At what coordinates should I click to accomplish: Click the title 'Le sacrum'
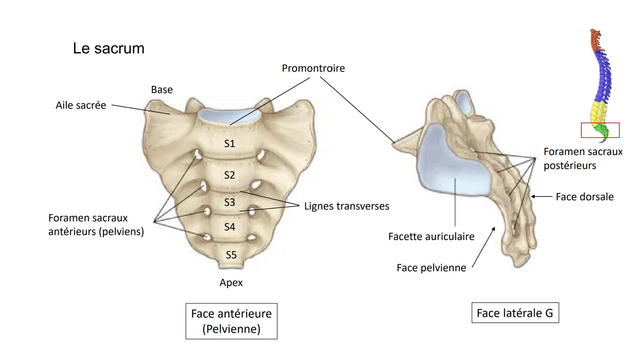109,49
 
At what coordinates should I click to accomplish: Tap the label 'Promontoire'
313,68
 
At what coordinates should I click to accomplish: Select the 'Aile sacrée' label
81,105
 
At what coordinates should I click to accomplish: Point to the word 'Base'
162,89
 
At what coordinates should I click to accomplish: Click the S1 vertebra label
230,144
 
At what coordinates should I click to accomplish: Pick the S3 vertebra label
230,202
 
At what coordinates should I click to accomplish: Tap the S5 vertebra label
231,255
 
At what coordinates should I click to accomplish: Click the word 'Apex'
231,283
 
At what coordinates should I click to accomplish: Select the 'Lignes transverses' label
346,206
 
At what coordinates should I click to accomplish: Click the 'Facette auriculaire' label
431,237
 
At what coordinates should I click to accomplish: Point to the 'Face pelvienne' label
431,268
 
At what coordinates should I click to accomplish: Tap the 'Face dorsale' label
584,197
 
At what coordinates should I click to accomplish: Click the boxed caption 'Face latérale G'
515,313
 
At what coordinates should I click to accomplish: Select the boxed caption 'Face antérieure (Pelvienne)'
231,321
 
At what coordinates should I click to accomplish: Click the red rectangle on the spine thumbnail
600,130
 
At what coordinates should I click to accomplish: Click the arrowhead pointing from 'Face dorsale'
533,196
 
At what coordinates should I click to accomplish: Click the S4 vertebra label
230,227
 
